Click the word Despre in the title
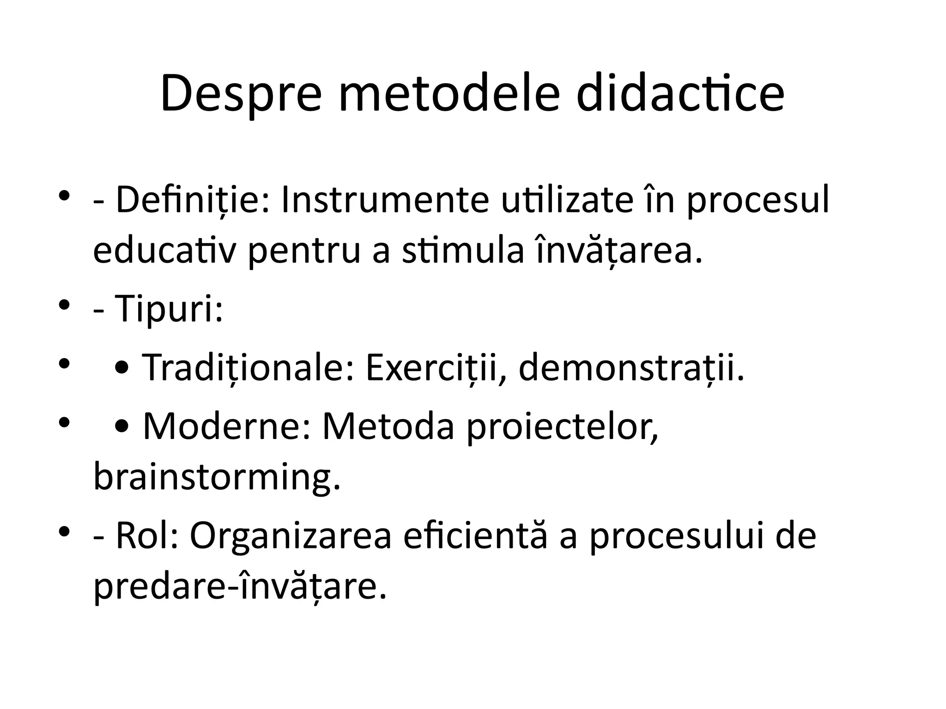[241, 95]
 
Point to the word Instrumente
[385, 200]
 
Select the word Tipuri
[169, 308]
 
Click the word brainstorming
[217, 478]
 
